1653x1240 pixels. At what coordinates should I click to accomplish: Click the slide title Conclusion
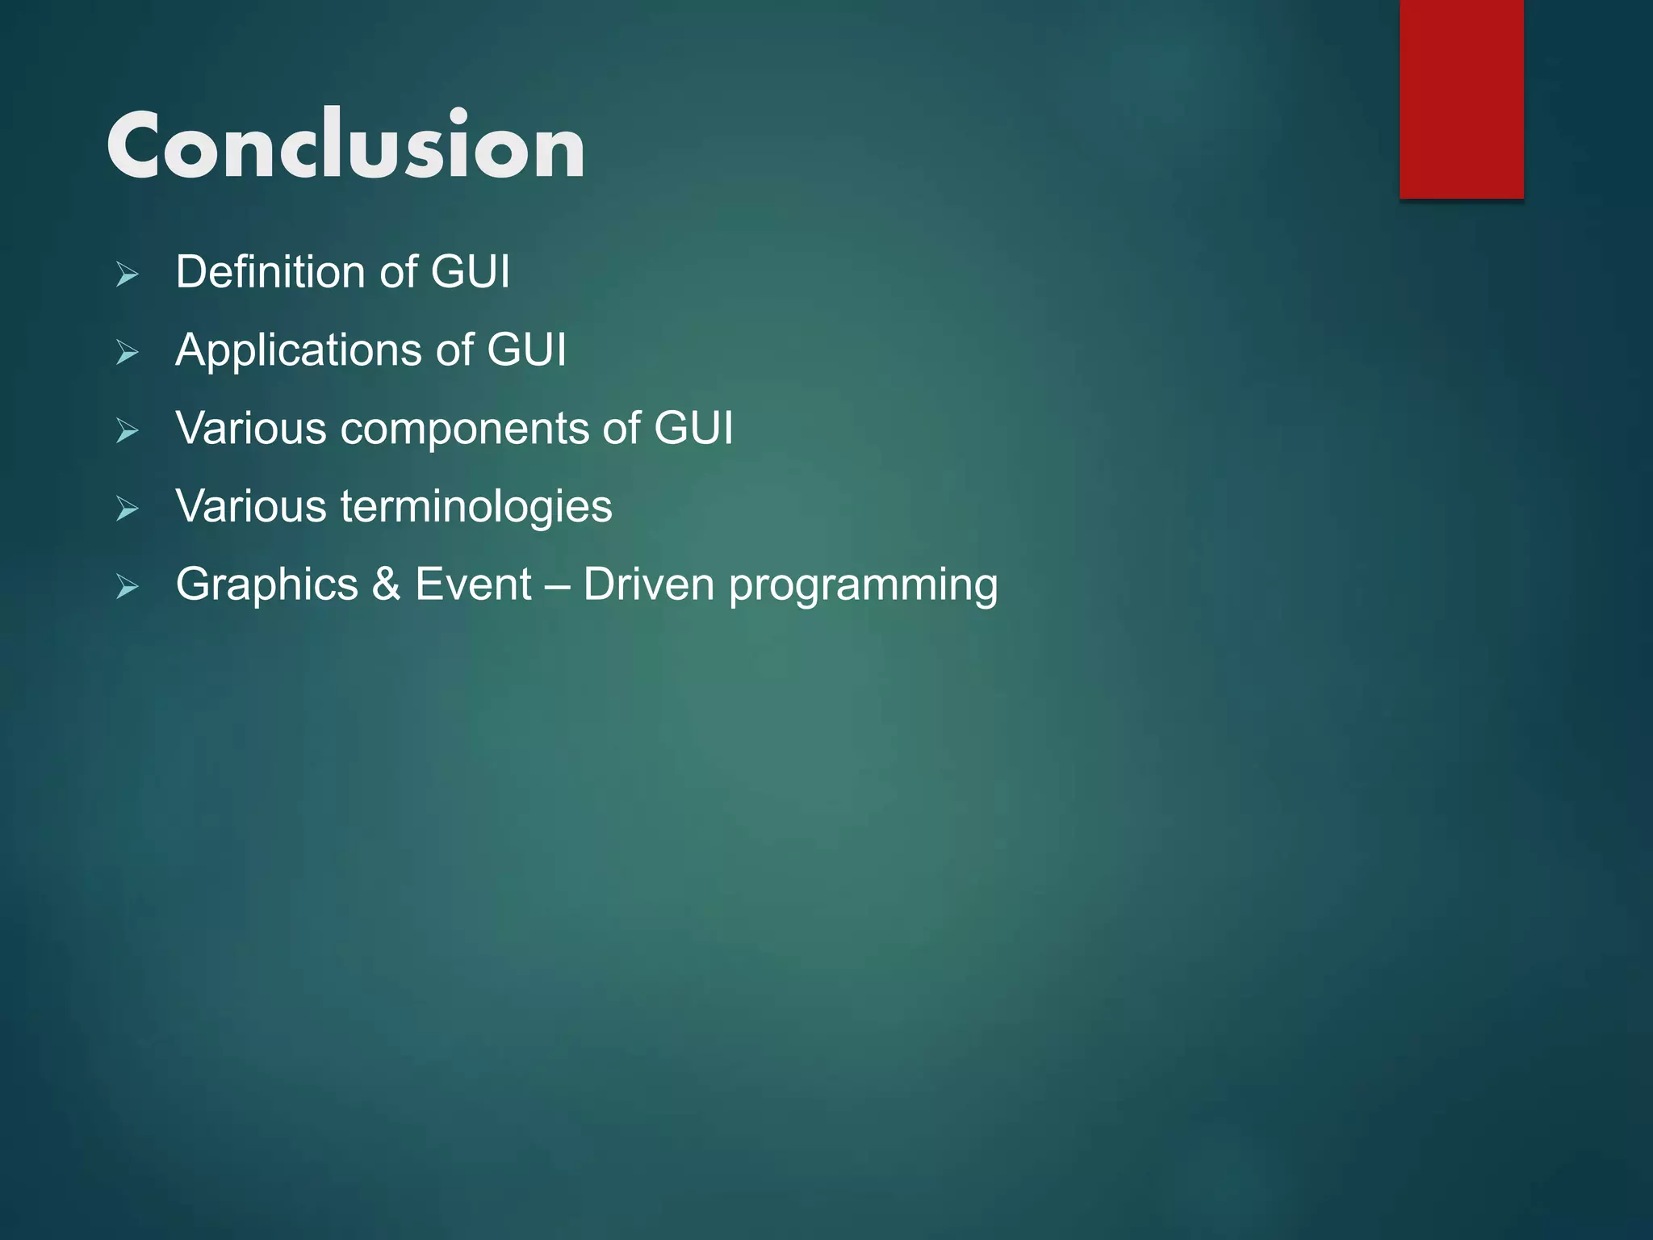click(345, 145)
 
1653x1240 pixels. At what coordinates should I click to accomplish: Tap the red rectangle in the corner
click(1461, 98)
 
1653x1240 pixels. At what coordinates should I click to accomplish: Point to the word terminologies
click(475, 508)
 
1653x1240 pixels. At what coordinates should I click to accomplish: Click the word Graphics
click(266, 585)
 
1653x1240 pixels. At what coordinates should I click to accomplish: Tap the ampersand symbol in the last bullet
click(387, 584)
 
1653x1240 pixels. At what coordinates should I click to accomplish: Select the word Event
click(473, 584)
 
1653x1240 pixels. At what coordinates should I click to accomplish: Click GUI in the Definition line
click(470, 272)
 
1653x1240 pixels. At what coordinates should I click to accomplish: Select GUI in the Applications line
click(526, 350)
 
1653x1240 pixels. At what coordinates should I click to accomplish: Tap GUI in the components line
click(693, 429)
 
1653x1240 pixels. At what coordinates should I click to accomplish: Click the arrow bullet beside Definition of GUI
click(127, 274)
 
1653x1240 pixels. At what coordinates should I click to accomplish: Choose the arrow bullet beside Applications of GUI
click(127, 353)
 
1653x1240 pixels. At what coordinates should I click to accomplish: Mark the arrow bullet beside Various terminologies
click(127, 509)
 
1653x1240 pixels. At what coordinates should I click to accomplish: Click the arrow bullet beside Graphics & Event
click(127, 587)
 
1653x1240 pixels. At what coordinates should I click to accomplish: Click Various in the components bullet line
click(251, 429)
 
